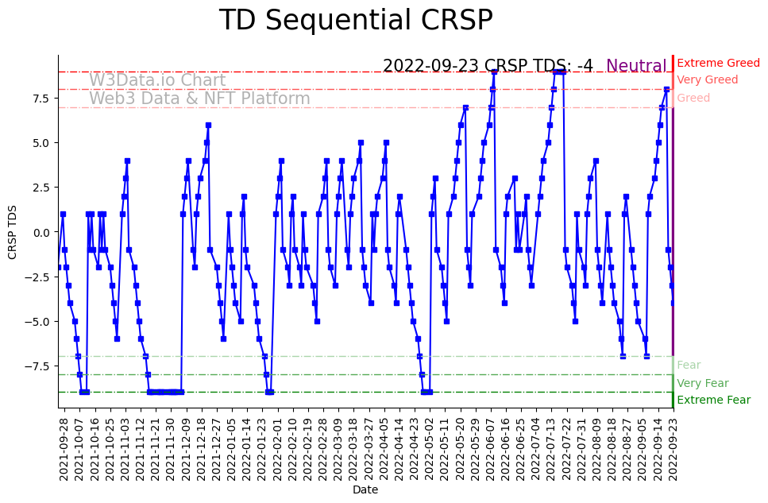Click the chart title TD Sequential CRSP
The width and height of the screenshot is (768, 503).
[356, 21]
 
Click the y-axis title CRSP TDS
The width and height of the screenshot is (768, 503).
[13, 231]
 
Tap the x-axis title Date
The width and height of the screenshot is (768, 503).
[365, 490]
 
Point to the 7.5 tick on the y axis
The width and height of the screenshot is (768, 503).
[41, 99]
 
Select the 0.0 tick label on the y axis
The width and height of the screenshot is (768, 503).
[41, 232]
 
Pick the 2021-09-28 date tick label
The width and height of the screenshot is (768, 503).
[64, 448]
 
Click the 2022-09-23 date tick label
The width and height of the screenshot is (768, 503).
[673, 448]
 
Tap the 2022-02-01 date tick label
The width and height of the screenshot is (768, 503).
[277, 448]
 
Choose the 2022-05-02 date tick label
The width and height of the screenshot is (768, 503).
[430, 448]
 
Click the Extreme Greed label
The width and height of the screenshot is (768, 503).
[718, 63]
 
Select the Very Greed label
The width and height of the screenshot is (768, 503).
[707, 80]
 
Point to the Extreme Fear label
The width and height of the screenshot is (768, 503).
[713, 400]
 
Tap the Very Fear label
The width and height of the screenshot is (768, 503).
[702, 383]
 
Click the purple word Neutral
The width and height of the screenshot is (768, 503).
[636, 67]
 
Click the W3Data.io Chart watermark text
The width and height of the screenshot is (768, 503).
[157, 80]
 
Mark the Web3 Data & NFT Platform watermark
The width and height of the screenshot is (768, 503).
[199, 99]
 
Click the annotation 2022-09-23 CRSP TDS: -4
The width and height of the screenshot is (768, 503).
[488, 67]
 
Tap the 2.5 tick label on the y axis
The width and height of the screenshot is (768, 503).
[41, 188]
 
